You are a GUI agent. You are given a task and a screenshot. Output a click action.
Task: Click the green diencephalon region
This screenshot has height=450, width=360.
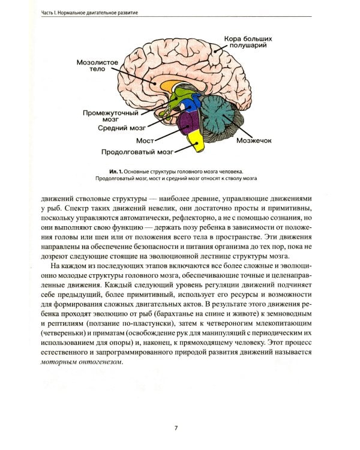(x=177, y=99)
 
